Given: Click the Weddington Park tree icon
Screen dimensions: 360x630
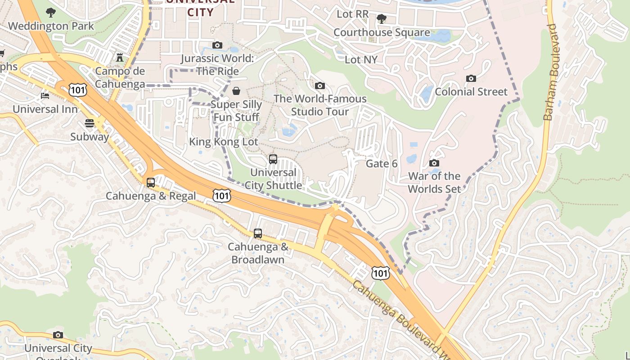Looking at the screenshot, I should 50,13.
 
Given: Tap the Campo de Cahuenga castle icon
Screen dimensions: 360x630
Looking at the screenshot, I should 120,57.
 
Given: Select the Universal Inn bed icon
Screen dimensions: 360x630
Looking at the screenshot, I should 45,95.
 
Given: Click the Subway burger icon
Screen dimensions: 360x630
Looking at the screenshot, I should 89,123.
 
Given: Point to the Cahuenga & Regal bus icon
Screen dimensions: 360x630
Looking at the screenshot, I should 151,183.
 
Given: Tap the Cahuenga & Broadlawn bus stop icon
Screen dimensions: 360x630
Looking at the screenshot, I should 258,234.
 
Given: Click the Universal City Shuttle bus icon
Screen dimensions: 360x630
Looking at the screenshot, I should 273,159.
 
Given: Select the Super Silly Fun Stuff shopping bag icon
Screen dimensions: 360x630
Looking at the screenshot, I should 236,91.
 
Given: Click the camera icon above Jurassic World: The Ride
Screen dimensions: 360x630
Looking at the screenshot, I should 217,45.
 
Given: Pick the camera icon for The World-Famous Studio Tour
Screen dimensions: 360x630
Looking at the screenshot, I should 320,85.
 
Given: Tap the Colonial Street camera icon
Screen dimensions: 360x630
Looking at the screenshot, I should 471,78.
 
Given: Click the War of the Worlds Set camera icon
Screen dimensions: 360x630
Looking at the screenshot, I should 434,163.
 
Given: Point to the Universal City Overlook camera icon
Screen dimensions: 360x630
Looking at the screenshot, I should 58,335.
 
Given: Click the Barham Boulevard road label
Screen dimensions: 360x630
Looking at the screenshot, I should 550,72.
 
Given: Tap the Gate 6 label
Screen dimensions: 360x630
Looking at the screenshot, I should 382,163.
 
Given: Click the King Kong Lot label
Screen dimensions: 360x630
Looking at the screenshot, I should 224,142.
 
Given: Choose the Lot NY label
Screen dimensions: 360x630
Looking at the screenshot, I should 361,59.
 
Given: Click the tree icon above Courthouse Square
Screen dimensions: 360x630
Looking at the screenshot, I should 382,19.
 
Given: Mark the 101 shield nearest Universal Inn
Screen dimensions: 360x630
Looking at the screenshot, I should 77,90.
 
